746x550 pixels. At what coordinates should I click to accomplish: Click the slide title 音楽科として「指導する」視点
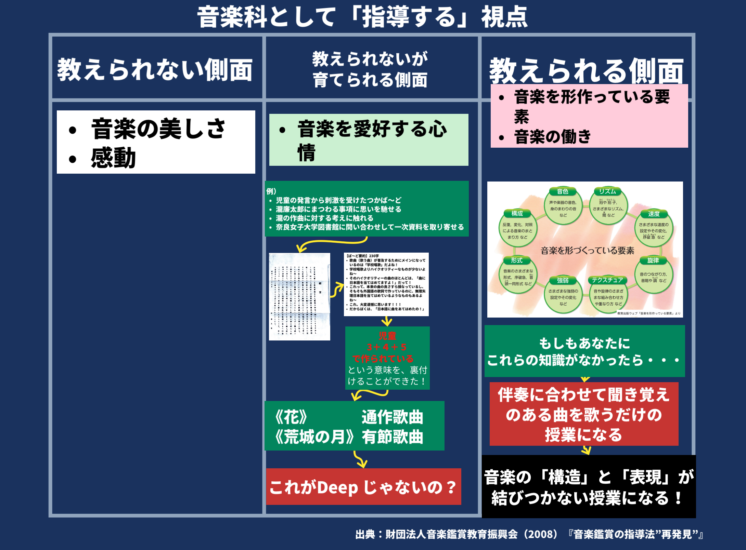pyautogui.click(x=363, y=17)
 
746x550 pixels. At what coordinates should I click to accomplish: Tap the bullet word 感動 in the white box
pyautogui.click(x=113, y=158)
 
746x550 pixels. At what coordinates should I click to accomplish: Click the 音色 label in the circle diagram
pyautogui.click(x=563, y=191)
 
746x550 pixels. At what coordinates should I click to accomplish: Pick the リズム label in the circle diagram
pyautogui.click(x=607, y=191)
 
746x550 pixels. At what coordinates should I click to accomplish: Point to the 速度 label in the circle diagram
pyautogui.click(x=654, y=214)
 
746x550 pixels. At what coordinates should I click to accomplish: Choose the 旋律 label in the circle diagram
pyautogui.click(x=653, y=260)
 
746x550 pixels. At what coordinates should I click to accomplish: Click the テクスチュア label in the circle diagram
pyautogui.click(x=607, y=280)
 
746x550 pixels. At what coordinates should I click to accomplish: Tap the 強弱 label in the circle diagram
pyautogui.click(x=563, y=281)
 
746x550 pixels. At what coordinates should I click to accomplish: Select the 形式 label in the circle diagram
pyautogui.click(x=517, y=260)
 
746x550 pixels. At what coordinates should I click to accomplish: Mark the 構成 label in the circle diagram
pyautogui.click(x=517, y=214)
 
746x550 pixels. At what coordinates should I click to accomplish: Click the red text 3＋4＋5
pyautogui.click(x=387, y=347)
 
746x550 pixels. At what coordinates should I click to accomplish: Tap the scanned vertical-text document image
pyautogui.click(x=299, y=297)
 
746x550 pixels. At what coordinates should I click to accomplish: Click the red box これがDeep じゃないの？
pyautogui.click(x=363, y=487)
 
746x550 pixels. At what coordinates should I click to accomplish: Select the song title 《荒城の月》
pyautogui.click(x=314, y=437)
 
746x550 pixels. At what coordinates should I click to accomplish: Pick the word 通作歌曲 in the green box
pyautogui.click(x=393, y=417)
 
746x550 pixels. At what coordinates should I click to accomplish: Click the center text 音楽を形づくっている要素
pyautogui.click(x=587, y=251)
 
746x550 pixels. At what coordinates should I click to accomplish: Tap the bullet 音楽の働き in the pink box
pyautogui.click(x=553, y=137)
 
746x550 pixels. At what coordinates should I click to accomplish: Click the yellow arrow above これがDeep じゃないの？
pyautogui.click(x=360, y=459)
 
